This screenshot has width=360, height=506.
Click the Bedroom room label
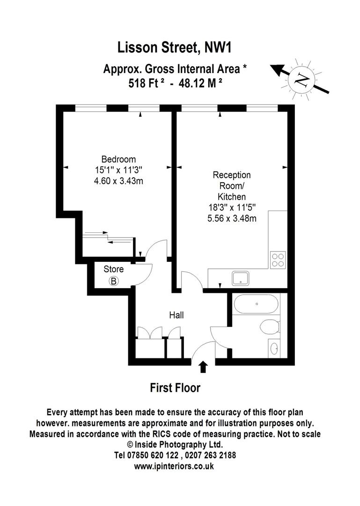pyautogui.click(x=118, y=159)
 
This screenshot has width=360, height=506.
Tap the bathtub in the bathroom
pyautogui.click(x=256, y=304)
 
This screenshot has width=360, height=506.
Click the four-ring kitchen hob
pyautogui.click(x=278, y=260)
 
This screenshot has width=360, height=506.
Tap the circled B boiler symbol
pyautogui.click(x=114, y=281)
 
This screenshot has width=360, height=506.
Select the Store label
pyautogui.click(x=114, y=269)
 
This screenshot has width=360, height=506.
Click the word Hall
pyautogui.click(x=176, y=315)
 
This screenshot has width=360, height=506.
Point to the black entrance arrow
pyautogui.click(x=203, y=367)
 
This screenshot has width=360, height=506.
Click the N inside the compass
pyautogui.click(x=302, y=79)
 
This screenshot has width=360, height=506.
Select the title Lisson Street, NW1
pyautogui.click(x=175, y=48)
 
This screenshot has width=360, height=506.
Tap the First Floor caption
pyautogui.click(x=175, y=387)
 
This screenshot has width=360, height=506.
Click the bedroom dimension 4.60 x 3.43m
pyautogui.click(x=118, y=181)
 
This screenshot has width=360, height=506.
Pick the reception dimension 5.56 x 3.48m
pyautogui.click(x=232, y=218)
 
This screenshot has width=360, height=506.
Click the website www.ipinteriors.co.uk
pyautogui.click(x=174, y=466)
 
